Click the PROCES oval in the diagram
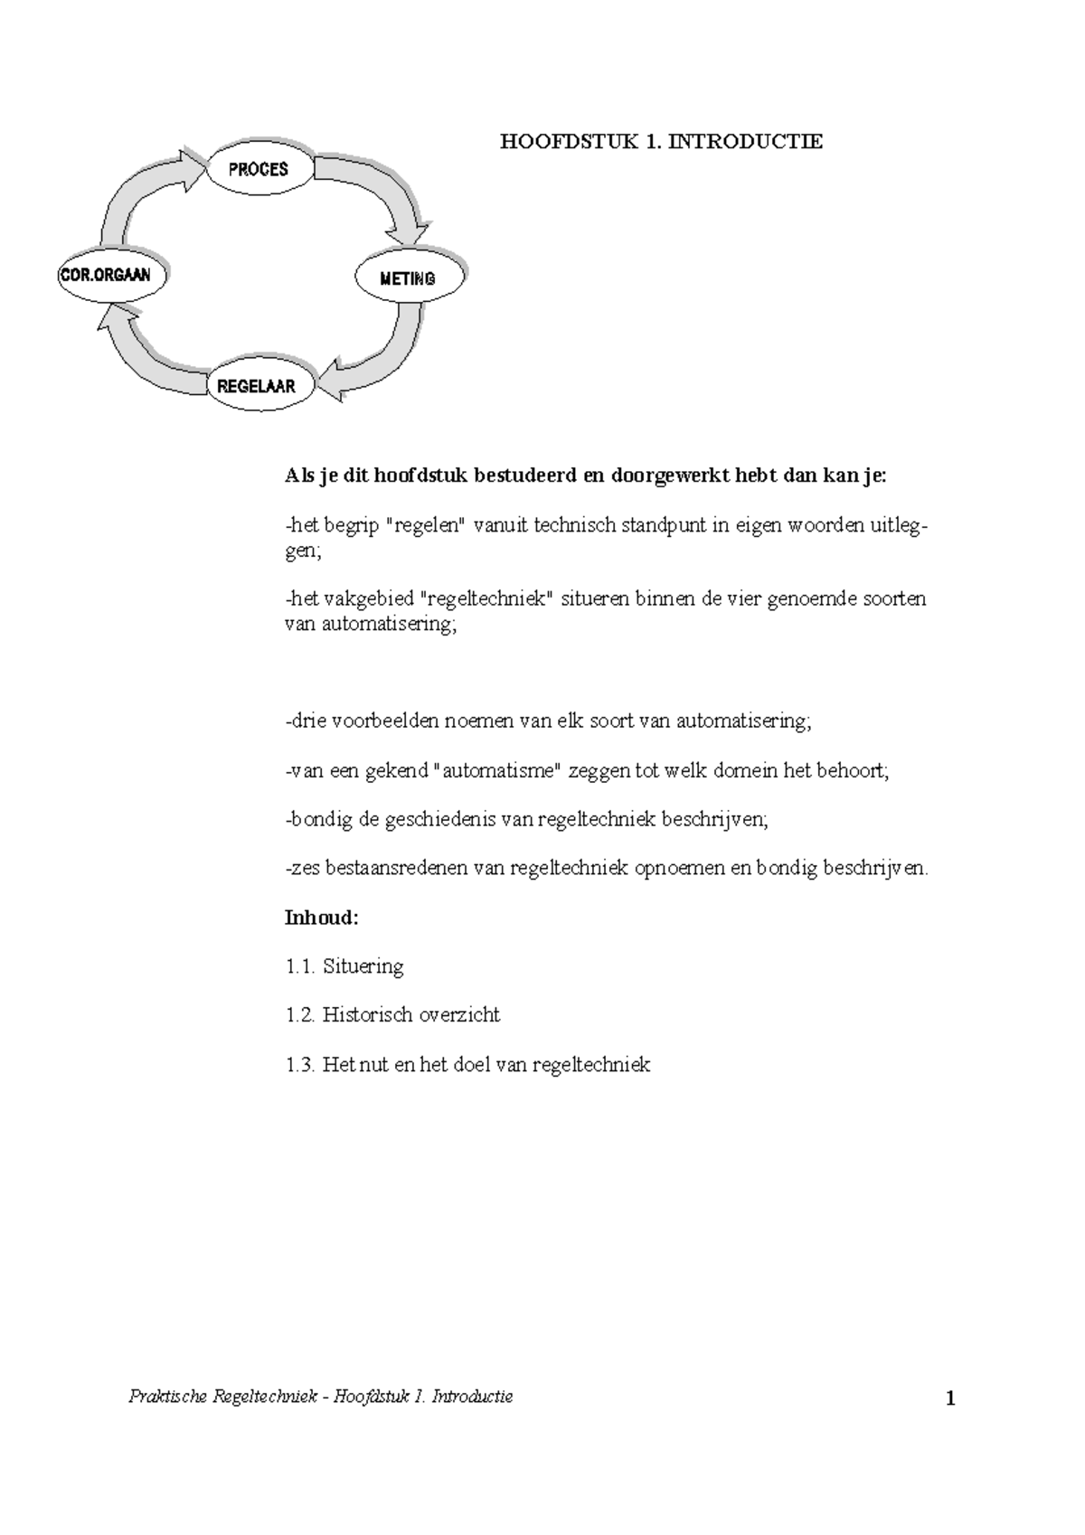(259, 169)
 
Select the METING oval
(409, 278)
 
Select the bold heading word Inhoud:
(322, 918)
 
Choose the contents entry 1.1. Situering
(344, 966)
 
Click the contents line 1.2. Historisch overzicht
(392, 1015)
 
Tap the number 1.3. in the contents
(299, 1065)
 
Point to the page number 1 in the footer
(950, 1400)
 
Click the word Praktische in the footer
(169, 1397)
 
